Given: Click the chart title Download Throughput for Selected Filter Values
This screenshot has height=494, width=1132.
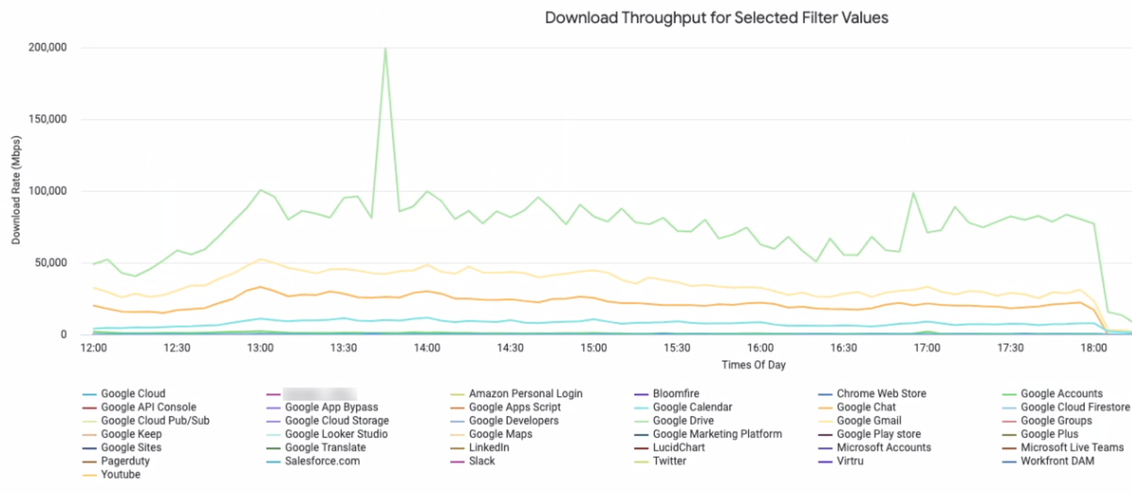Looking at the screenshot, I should click(x=716, y=18).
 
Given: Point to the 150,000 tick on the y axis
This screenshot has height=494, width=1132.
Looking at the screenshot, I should click(x=47, y=119).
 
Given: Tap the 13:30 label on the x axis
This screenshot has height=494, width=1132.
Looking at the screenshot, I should click(x=344, y=348).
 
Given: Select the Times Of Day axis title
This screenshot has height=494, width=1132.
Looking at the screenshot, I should click(x=754, y=365).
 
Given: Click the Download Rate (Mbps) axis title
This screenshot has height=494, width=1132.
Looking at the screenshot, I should click(x=16, y=190).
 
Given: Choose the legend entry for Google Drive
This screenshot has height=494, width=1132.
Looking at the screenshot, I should click(x=683, y=420).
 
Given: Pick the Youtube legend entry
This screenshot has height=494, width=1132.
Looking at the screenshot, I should click(x=121, y=475).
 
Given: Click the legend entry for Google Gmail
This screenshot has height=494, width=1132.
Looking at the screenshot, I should click(x=869, y=420).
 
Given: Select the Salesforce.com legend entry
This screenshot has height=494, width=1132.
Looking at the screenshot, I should click(x=322, y=461).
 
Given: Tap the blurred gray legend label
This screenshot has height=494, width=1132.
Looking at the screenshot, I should click(x=320, y=394).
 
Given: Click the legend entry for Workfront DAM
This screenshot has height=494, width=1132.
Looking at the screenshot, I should click(x=1057, y=461).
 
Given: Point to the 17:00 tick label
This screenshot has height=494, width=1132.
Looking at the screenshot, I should click(x=927, y=348).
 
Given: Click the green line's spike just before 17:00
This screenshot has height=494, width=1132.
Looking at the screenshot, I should click(x=913, y=193).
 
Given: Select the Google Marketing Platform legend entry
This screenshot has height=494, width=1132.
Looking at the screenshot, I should click(x=717, y=434).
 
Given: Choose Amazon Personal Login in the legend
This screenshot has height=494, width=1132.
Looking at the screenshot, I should click(x=525, y=394).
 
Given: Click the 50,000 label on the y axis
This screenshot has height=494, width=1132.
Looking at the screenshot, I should click(x=50, y=263).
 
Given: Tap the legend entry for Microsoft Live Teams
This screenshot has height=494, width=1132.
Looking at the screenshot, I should click(x=1072, y=447).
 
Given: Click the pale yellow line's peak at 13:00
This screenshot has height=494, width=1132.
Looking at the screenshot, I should click(x=261, y=259).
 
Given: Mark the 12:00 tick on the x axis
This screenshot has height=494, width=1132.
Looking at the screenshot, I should click(x=94, y=348).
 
